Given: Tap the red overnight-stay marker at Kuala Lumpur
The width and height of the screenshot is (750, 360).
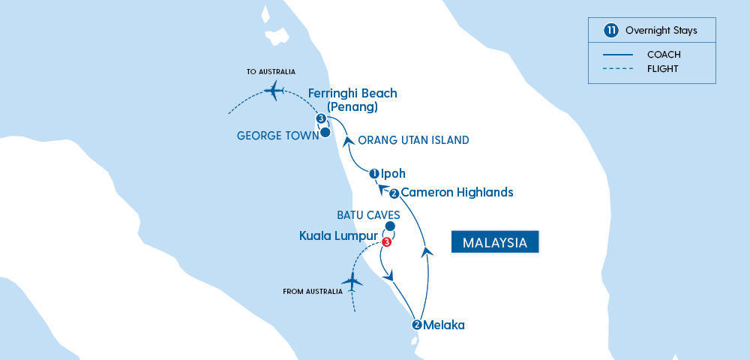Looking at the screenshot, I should (x=386, y=241).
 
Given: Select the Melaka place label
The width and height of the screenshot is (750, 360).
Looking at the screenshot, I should (x=444, y=325).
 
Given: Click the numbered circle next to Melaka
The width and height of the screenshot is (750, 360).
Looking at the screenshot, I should (x=417, y=325).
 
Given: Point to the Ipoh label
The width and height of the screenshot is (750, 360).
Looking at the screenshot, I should (x=393, y=174).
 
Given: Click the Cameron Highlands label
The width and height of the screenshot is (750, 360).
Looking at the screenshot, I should (x=457, y=193).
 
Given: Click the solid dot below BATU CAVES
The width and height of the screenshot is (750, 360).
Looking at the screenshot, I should (x=389, y=226).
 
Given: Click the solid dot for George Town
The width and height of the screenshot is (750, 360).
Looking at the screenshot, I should (x=325, y=133).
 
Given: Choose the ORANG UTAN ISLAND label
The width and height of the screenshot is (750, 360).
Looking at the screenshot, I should (x=414, y=140).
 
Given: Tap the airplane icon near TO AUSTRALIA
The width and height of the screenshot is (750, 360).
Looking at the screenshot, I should (x=274, y=92).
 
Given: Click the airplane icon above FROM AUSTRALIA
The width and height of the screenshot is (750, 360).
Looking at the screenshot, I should (x=351, y=282).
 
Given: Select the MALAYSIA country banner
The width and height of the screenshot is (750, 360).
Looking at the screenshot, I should (x=495, y=243).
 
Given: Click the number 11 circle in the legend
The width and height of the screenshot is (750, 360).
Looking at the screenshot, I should (x=611, y=31).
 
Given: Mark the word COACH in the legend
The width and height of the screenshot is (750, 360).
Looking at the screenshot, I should (x=664, y=54).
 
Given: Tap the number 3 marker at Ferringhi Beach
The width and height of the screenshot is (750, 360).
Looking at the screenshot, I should (x=320, y=119).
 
